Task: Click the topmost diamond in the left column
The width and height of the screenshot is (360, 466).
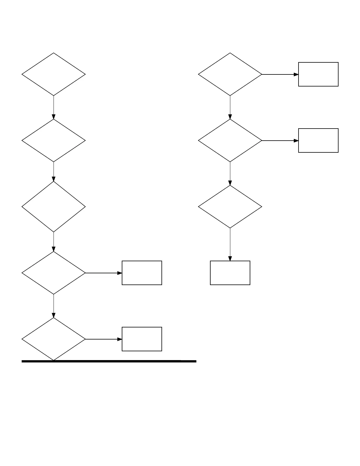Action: pyautogui.click(x=54, y=74)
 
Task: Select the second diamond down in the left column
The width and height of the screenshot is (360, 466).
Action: pyautogui.click(x=54, y=141)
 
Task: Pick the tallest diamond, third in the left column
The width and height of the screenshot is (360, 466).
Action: pyautogui.click(x=54, y=207)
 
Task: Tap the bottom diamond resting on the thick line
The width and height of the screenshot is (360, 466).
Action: pyautogui.click(x=54, y=339)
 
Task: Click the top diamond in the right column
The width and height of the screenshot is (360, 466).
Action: pyautogui.click(x=230, y=74)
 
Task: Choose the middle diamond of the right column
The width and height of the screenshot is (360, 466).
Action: pyautogui.click(x=230, y=141)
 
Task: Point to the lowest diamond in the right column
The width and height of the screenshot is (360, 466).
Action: pyautogui.click(x=230, y=207)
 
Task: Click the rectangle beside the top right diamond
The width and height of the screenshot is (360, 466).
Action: pyautogui.click(x=318, y=74)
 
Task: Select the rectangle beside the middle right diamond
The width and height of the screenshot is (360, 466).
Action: pyautogui.click(x=318, y=141)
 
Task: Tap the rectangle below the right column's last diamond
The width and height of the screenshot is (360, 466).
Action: pyautogui.click(x=230, y=273)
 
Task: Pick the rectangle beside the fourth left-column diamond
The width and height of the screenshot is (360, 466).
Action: pyautogui.click(x=142, y=273)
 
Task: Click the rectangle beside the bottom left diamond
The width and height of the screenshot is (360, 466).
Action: pyautogui.click(x=142, y=339)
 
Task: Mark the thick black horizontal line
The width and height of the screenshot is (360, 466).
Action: pyautogui.click(x=109, y=361)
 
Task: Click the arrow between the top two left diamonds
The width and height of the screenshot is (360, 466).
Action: pyautogui.click(x=54, y=107)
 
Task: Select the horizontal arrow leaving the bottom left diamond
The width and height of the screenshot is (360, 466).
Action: pyautogui.click(x=104, y=339)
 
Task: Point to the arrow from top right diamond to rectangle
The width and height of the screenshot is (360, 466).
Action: pyautogui.click(x=280, y=74)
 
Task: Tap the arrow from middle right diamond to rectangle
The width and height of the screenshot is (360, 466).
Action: pyautogui.click(x=280, y=141)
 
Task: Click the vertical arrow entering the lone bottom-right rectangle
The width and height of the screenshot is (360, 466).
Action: pyautogui.click(x=230, y=244)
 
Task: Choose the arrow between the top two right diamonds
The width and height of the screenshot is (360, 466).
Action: pyautogui.click(x=230, y=107)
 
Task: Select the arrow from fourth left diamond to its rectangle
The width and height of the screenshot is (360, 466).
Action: pyautogui.click(x=104, y=273)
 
